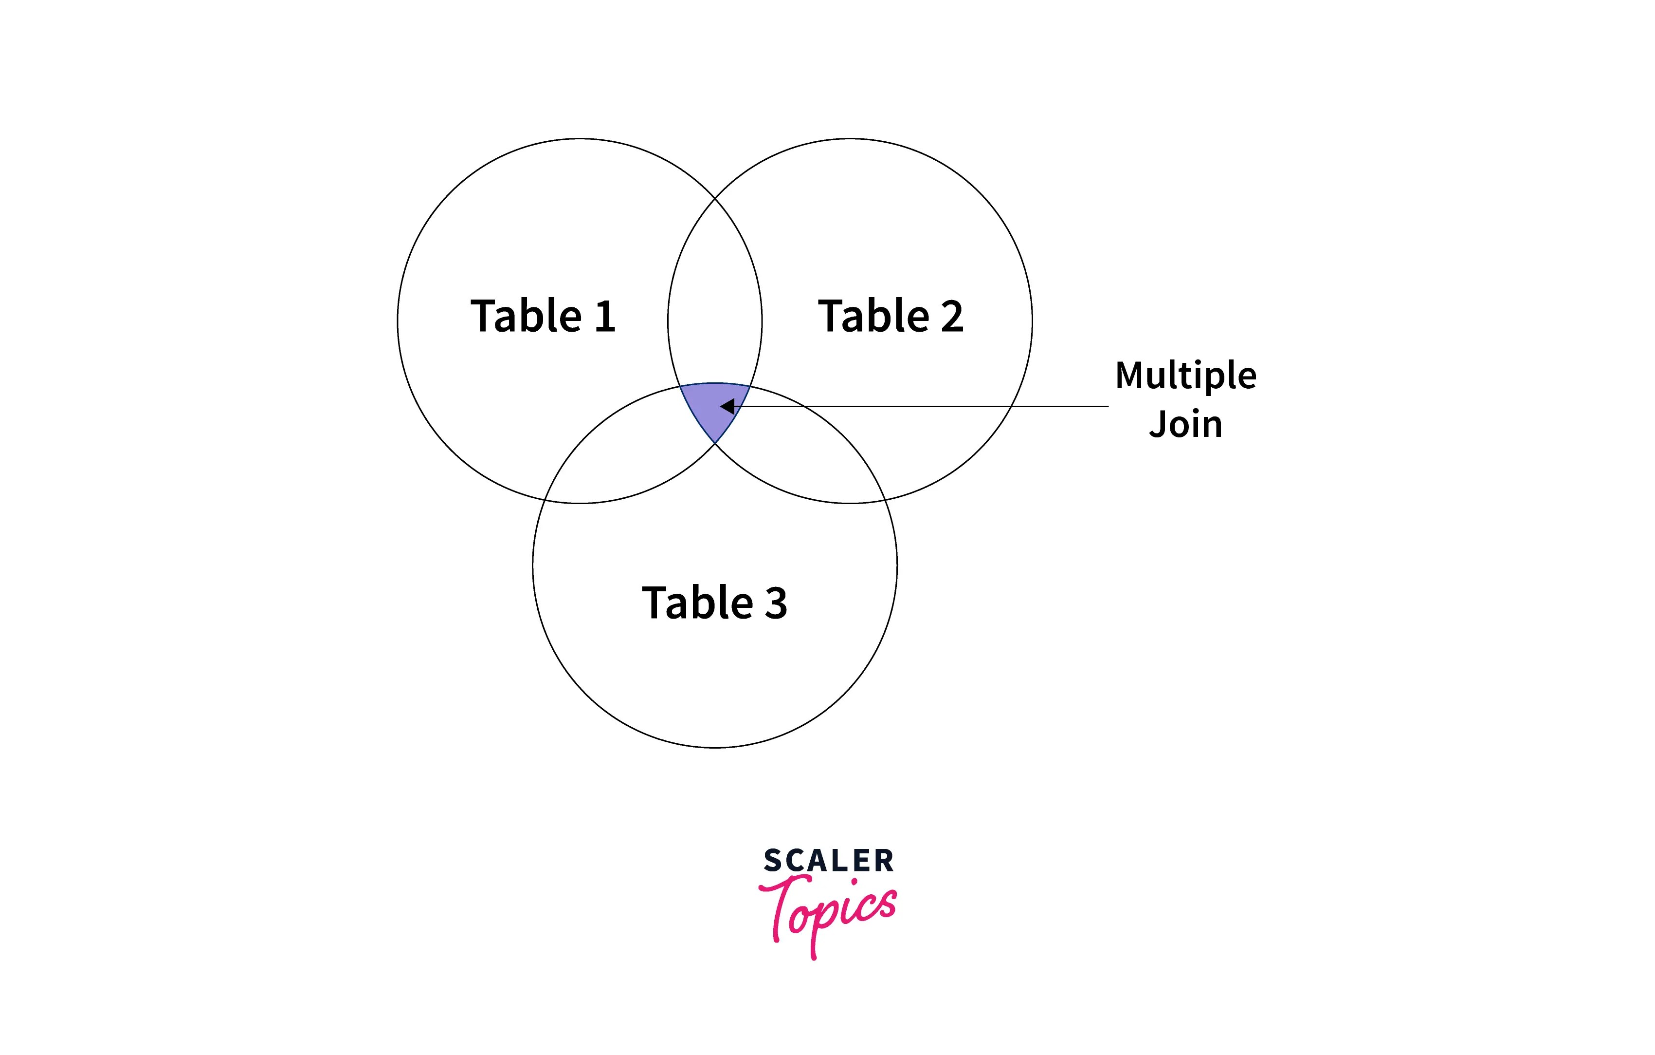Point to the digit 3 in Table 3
[776, 603]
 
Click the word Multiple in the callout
[1185, 376]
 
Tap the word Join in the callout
[1185, 424]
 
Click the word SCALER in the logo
[828, 860]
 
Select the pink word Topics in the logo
[828, 911]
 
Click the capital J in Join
[1157, 424]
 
